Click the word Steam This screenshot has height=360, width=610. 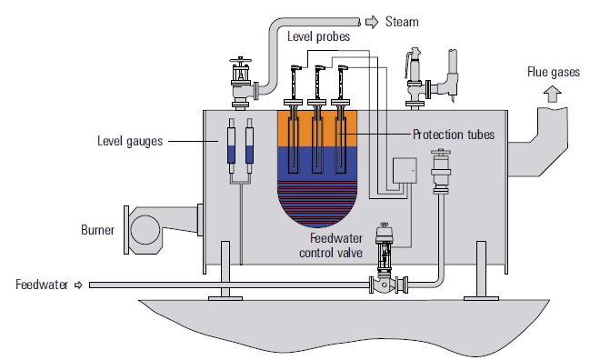pyautogui.click(x=402, y=22)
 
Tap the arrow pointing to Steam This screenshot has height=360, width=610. pyautogui.click(x=372, y=22)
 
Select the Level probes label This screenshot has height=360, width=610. pyautogui.click(x=318, y=36)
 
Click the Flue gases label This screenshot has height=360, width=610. pyautogui.click(x=554, y=72)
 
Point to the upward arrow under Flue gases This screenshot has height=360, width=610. pyautogui.click(x=553, y=95)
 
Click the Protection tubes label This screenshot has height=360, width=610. pyautogui.click(x=454, y=135)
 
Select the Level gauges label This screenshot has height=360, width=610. pyautogui.click(x=130, y=141)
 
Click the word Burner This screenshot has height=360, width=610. pyautogui.click(x=97, y=230)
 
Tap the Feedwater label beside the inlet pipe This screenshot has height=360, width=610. pyautogui.click(x=42, y=285)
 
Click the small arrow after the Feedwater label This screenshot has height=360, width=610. pyautogui.click(x=78, y=285)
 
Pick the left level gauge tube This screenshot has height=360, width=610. pyautogui.click(x=232, y=145)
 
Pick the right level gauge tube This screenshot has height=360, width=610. pyautogui.click(x=249, y=145)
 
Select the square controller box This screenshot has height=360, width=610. pyautogui.click(x=405, y=171)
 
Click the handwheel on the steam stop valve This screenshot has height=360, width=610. pyautogui.click(x=241, y=61)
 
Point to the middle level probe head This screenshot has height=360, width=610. pyautogui.click(x=319, y=68)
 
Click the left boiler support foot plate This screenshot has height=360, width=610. pyautogui.click(x=225, y=298)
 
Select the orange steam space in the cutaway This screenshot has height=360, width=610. pyautogui.click(x=317, y=129)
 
